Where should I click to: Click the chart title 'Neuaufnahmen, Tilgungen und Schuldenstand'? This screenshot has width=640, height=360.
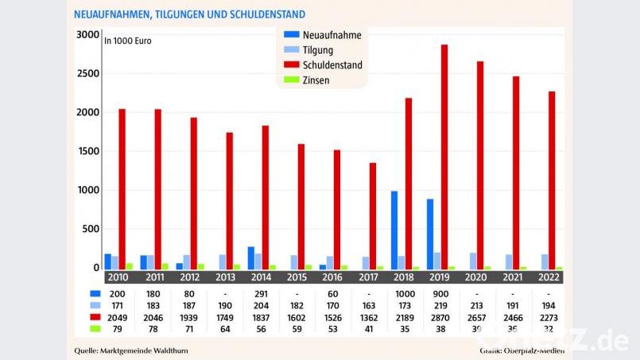click(x=188, y=15)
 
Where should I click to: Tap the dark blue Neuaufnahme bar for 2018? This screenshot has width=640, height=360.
click(x=394, y=230)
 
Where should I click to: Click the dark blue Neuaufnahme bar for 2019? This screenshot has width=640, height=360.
click(x=430, y=234)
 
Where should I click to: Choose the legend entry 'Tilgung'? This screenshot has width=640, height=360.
click(x=318, y=50)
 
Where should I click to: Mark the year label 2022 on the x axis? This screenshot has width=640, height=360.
click(x=548, y=278)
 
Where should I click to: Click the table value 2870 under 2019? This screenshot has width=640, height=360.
click(x=440, y=317)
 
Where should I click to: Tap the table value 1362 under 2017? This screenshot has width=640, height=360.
click(x=369, y=317)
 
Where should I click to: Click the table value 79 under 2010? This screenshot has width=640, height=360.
click(x=118, y=328)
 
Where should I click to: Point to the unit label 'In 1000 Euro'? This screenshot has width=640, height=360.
click(x=128, y=40)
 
